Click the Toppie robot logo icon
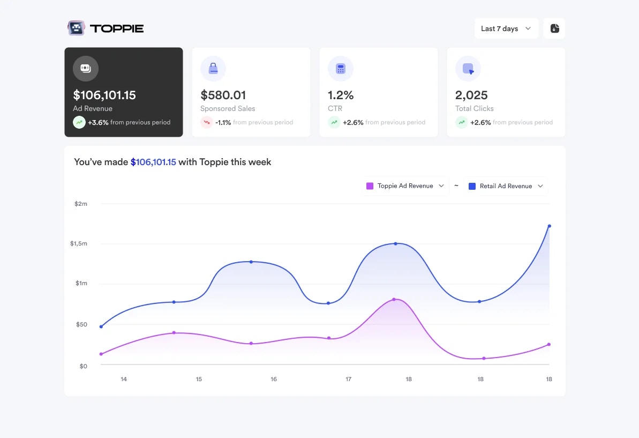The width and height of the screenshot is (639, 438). [x=76, y=28]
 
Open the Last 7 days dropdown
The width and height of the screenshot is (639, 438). [x=506, y=28]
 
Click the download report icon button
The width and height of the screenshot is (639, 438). [x=554, y=28]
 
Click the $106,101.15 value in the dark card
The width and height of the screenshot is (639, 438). [x=104, y=95]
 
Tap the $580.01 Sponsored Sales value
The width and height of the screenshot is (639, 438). [x=223, y=95]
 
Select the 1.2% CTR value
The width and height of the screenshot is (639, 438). [x=341, y=95]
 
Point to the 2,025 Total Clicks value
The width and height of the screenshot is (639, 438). [x=471, y=95]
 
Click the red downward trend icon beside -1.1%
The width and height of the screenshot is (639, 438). [x=207, y=122]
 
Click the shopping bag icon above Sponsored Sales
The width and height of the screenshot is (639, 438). [x=213, y=69]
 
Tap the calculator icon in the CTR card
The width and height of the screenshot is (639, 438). [x=341, y=69]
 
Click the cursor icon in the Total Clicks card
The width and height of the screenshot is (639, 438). [x=468, y=69]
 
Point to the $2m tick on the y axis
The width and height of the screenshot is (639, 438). [x=81, y=204]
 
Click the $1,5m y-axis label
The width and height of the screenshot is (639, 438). [x=78, y=243]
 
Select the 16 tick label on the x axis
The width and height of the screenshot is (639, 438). [x=274, y=379]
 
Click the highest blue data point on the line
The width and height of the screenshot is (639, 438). [x=549, y=226]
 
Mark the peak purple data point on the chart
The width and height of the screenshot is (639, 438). [x=394, y=299]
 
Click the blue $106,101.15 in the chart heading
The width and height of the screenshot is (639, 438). [x=153, y=162]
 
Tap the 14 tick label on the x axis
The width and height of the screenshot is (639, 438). [x=124, y=379]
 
